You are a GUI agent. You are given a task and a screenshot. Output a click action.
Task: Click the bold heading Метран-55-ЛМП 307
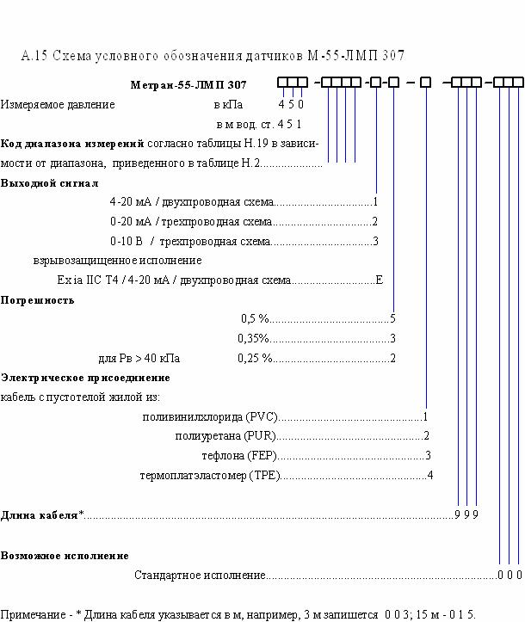point(188,84)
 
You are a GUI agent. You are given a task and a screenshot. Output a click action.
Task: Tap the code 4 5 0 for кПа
point(291,104)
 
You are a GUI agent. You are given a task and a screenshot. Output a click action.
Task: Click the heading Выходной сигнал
point(49,183)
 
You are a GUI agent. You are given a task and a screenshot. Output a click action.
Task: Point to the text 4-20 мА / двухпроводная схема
point(192,202)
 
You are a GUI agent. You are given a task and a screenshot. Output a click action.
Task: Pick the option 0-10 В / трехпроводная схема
point(190,241)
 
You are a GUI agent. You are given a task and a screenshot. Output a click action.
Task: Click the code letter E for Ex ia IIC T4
point(380,280)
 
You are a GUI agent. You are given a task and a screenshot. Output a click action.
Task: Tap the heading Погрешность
point(37,300)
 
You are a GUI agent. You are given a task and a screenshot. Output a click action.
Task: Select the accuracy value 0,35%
point(254,338)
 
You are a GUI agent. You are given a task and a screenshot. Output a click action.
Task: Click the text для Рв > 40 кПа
point(139,358)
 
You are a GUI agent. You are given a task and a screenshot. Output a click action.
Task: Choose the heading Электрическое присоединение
point(85,378)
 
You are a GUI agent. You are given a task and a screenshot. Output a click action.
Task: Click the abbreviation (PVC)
point(262,417)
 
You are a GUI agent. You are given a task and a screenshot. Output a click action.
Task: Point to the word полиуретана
point(208,436)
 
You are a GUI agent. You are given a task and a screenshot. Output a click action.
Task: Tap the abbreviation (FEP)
point(262,455)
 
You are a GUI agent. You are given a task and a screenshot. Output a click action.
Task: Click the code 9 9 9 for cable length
point(466,515)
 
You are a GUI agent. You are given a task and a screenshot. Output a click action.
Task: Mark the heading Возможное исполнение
point(65,556)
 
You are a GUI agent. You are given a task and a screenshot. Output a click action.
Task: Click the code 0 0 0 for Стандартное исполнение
point(510,575)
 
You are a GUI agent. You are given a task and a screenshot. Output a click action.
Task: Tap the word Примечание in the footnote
point(33,615)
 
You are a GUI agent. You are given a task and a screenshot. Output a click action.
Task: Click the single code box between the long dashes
point(425,82)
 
